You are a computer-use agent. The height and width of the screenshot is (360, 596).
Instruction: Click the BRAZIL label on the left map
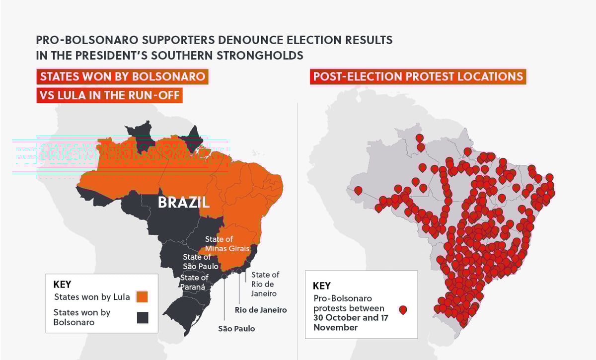click(184, 203)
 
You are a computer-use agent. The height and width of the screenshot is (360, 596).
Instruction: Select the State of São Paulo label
click(197, 262)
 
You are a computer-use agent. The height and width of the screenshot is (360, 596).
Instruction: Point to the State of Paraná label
click(194, 282)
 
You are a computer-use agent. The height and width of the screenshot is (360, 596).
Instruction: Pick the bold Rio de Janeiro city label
click(261, 310)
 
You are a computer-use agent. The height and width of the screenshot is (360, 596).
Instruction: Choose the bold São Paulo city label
click(236, 328)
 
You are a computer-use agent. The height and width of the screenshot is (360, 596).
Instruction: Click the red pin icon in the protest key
click(403, 310)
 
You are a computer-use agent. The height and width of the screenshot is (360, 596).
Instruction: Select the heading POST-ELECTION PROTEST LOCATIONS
click(418, 76)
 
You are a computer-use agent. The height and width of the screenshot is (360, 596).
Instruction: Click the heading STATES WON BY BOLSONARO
click(123, 76)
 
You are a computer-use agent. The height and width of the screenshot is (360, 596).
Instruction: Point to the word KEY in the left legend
click(62, 285)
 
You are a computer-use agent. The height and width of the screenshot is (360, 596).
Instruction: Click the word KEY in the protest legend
click(321, 286)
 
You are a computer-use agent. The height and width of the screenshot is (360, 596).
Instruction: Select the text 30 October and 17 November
click(349, 322)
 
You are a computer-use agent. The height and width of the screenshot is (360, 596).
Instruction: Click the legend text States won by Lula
click(92, 297)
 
